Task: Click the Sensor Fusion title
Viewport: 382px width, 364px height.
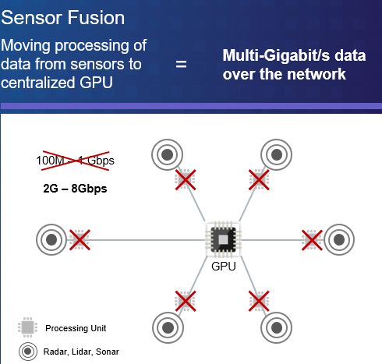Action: pos(63,18)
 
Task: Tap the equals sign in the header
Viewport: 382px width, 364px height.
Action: pos(181,64)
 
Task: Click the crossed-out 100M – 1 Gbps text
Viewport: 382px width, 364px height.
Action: pos(76,161)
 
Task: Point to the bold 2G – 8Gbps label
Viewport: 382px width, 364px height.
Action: pos(75,189)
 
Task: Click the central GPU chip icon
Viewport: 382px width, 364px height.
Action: pos(224,239)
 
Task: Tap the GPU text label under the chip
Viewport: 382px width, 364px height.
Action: pos(224,267)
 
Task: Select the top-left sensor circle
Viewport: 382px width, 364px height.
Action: pos(167,154)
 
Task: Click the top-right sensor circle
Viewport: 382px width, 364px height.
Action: pos(277,154)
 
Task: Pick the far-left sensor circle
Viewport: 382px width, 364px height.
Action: pos(51,239)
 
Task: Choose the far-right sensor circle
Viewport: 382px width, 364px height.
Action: pos(339,239)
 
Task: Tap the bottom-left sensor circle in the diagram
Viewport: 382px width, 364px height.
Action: pos(168,327)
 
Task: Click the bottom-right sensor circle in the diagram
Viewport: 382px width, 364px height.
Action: pos(277,327)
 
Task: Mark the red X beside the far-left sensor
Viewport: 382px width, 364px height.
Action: pos(80,240)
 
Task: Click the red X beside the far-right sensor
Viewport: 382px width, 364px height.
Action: pos(312,240)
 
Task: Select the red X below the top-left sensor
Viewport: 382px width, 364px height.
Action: pos(186,180)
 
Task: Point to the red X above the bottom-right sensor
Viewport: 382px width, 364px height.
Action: pos(259,301)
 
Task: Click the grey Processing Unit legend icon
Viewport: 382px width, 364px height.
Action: pos(27,327)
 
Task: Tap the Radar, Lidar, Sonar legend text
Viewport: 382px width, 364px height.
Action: pos(81,352)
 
